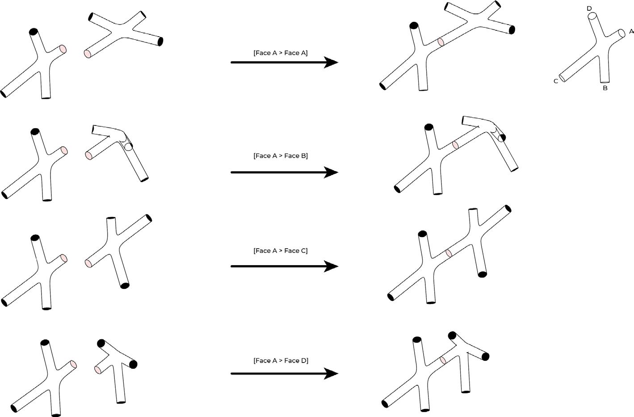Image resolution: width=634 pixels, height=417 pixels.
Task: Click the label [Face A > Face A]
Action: [x=281, y=53]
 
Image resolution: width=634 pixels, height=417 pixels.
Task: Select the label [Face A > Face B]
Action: [x=281, y=156]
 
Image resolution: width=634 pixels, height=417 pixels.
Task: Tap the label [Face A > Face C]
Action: [x=281, y=250]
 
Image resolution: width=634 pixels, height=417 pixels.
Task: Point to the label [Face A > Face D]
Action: [x=281, y=360]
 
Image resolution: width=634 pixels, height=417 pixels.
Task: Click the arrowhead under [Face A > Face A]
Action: [x=331, y=62]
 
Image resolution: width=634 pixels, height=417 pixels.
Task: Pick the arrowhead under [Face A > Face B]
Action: [x=331, y=172]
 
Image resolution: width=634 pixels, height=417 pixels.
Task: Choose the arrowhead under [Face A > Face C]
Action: [x=331, y=266]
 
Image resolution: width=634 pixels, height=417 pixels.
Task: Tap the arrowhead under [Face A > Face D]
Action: [x=331, y=374]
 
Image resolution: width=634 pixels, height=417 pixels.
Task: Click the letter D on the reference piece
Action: [x=589, y=8]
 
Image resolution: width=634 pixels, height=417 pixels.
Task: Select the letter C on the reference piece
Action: [x=556, y=81]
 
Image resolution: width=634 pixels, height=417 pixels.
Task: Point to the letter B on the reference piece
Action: [x=605, y=88]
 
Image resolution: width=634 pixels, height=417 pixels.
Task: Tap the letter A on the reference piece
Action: [x=631, y=31]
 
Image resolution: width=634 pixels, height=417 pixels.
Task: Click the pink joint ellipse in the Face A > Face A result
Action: [x=441, y=42]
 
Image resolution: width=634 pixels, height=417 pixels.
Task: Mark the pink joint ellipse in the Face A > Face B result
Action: [x=455, y=145]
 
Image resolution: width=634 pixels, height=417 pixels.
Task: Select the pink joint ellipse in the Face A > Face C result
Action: [x=449, y=253]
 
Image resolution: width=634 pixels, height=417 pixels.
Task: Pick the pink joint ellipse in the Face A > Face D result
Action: [x=443, y=360]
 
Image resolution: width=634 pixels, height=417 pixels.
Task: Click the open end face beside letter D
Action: [x=592, y=16]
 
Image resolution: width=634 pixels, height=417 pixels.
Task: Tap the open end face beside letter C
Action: [x=562, y=78]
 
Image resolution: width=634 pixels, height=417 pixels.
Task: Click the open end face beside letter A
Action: [x=622, y=33]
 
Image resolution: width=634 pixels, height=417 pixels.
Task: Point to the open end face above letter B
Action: [x=605, y=82]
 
